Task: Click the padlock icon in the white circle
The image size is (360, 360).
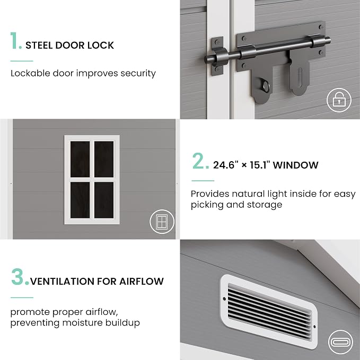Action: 339,100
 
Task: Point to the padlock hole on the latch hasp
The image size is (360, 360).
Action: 266,86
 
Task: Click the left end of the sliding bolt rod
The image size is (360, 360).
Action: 206,59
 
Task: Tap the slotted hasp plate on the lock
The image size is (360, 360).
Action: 299,76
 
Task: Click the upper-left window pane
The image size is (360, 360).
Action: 80,159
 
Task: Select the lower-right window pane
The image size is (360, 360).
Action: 104,200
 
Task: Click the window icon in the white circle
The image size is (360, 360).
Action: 162,222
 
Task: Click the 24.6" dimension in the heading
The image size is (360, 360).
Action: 226,165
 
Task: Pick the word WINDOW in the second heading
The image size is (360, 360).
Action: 296,165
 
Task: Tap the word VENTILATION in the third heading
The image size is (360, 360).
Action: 62,281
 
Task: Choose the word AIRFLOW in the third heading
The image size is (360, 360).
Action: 142,281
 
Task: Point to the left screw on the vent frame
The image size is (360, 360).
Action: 225,298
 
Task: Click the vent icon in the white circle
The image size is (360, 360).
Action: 340,342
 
